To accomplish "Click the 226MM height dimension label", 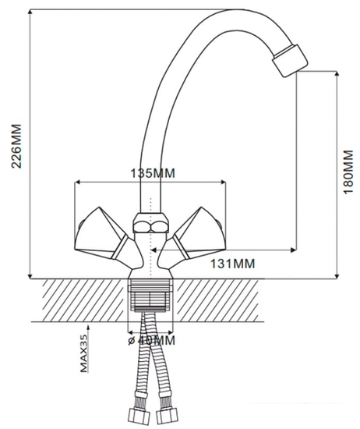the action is (16, 146).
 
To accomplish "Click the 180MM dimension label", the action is (348, 172).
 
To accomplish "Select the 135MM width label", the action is (153, 173).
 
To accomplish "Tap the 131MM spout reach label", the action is (233, 264).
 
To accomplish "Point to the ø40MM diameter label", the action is (151, 340).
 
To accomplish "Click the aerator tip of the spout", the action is (290, 61).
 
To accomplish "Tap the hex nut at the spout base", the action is (150, 223).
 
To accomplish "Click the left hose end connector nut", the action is (139, 416).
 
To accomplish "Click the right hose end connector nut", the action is (167, 416).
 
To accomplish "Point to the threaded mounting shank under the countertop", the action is (150, 296).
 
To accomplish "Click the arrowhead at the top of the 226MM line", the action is (30, 12).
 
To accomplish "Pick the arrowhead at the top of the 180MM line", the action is (337, 74).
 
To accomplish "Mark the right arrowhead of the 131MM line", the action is (293, 250).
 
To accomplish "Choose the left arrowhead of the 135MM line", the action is (78, 182).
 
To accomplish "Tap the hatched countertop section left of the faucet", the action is (85, 300).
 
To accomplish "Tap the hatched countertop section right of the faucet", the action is (216, 300).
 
